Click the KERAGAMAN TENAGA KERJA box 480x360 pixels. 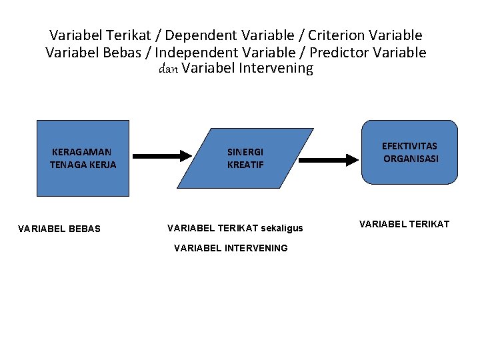[x=83, y=158]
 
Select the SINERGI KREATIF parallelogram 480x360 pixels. [x=245, y=158]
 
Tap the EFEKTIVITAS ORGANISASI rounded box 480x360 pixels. [x=410, y=152]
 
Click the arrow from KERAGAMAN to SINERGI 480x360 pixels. [x=161, y=156]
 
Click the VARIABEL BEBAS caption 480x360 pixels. [x=59, y=229]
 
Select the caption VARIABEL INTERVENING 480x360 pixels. [x=231, y=248]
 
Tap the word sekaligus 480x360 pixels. [x=282, y=228]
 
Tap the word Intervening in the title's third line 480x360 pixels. [x=275, y=69]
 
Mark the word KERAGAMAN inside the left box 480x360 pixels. [x=82, y=152]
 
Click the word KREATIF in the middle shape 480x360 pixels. [x=245, y=165]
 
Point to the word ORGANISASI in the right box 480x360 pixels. [x=411, y=159]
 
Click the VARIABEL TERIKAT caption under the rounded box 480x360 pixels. [x=404, y=224]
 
